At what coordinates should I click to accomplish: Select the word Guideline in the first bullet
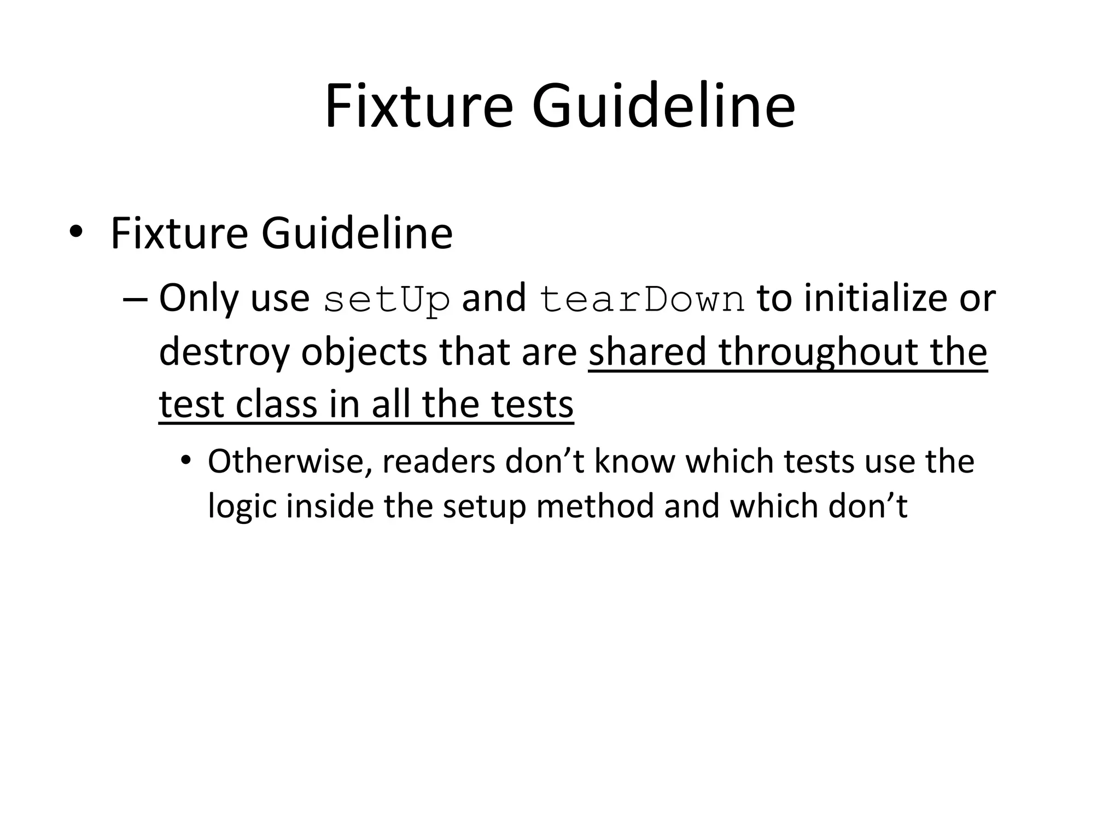(357, 234)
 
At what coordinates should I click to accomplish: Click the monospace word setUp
(386, 300)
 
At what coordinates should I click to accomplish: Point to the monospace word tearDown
(641, 300)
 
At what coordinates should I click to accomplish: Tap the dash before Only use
(136, 300)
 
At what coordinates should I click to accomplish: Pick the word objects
(364, 352)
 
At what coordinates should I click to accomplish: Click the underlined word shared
(647, 352)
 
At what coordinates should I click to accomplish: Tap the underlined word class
(276, 404)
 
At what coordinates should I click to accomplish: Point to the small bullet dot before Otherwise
(186, 461)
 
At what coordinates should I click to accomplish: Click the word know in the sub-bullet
(634, 461)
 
